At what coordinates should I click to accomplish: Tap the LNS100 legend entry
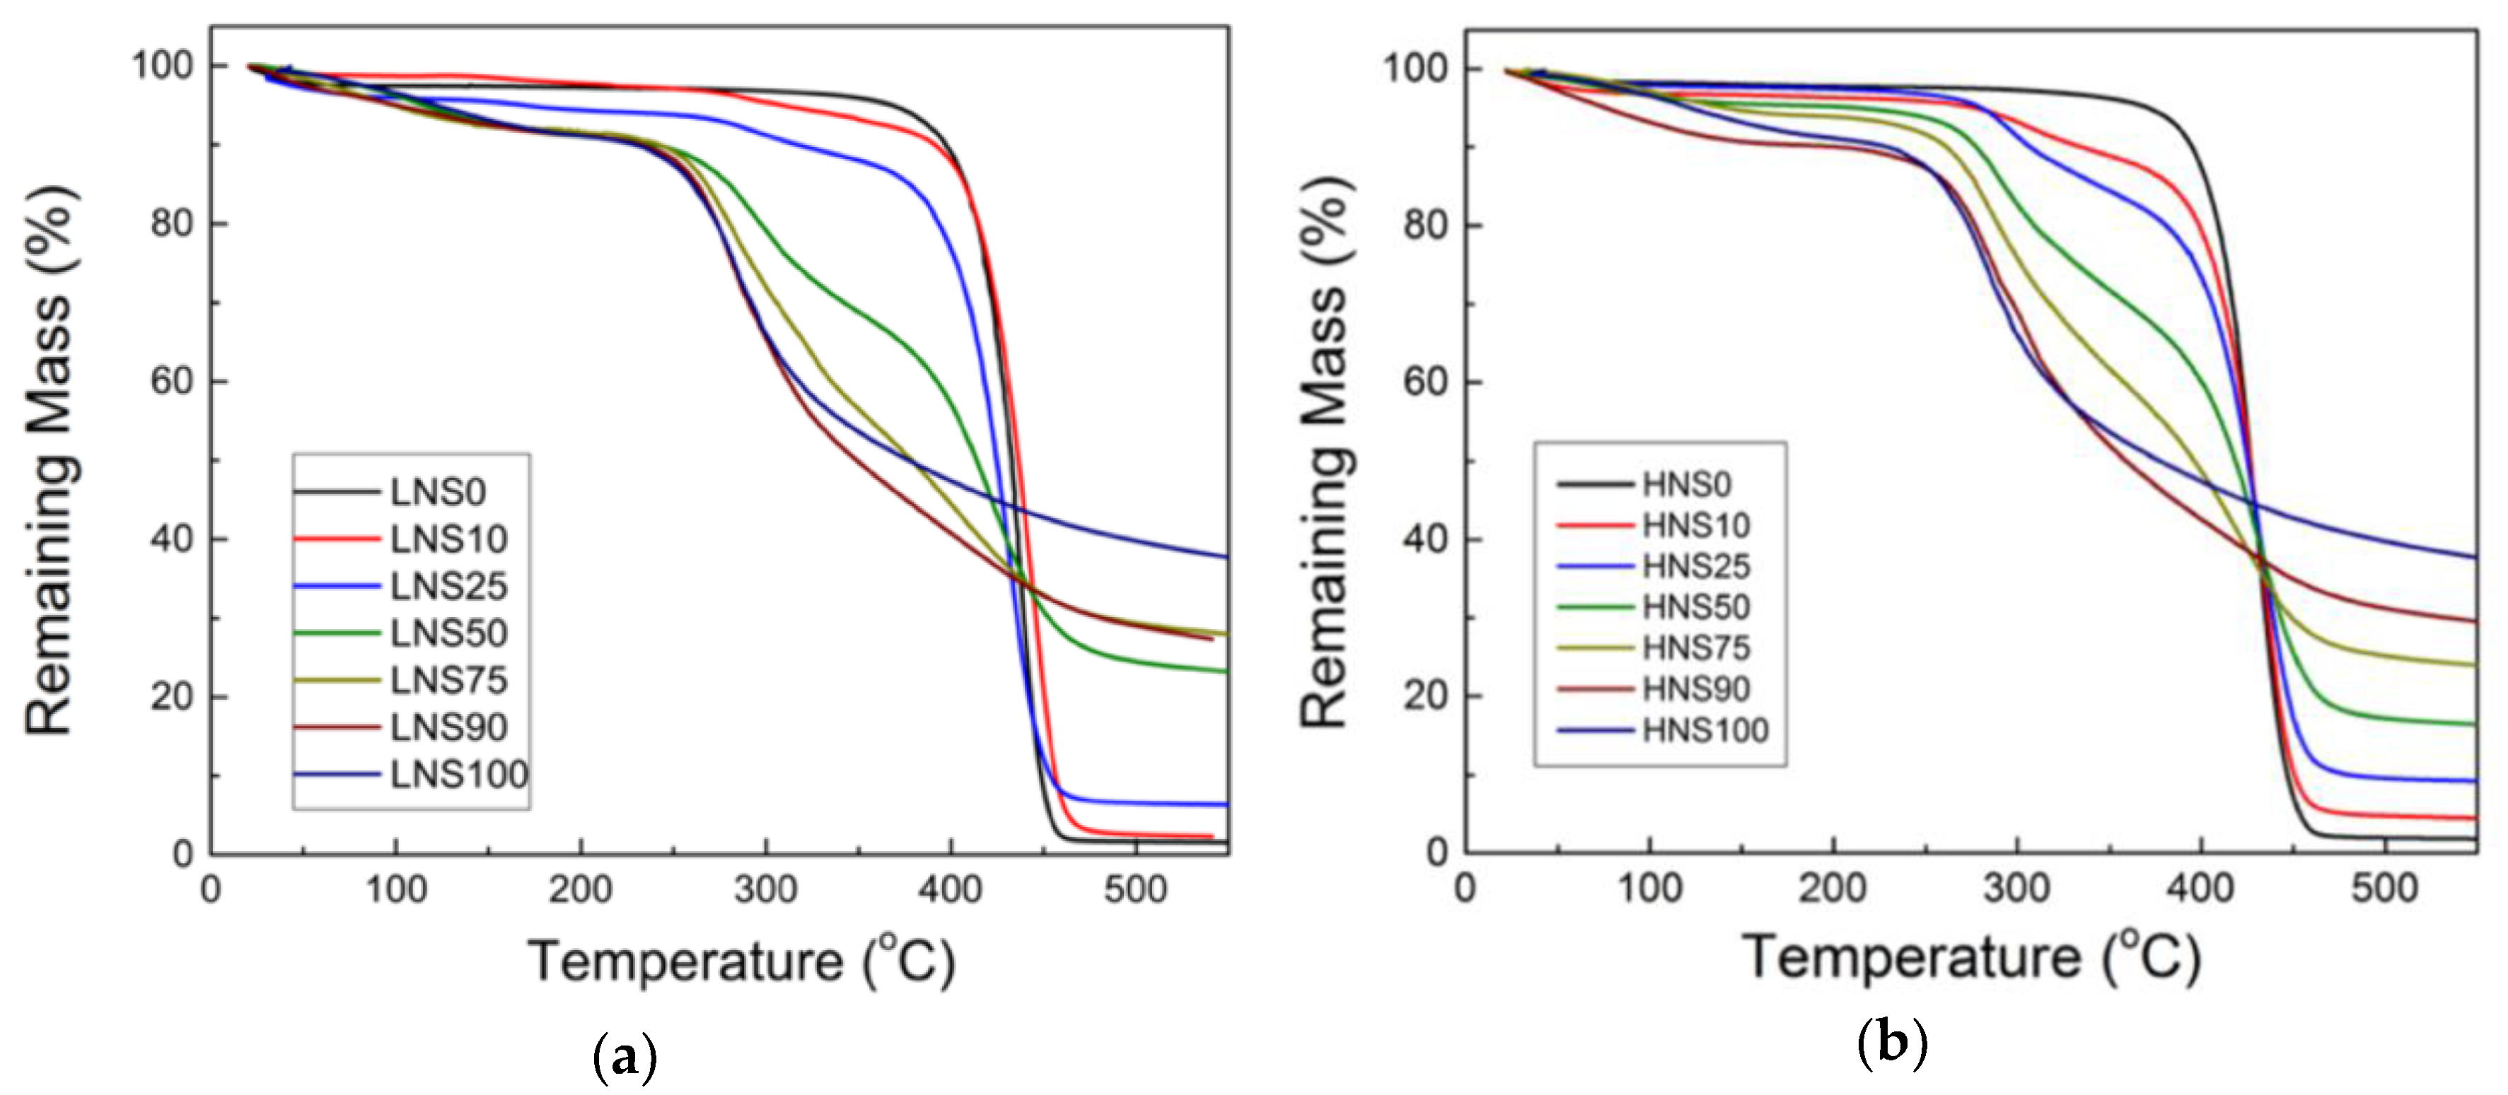tap(458, 775)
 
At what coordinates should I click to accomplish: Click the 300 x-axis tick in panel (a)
tap(765, 889)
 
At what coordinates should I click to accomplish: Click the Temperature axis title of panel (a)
tap(741, 961)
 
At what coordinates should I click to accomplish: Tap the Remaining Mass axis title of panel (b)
tap(1325, 452)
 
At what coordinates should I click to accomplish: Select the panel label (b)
tap(1892, 1043)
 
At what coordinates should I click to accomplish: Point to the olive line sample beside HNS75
tap(1595, 648)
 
